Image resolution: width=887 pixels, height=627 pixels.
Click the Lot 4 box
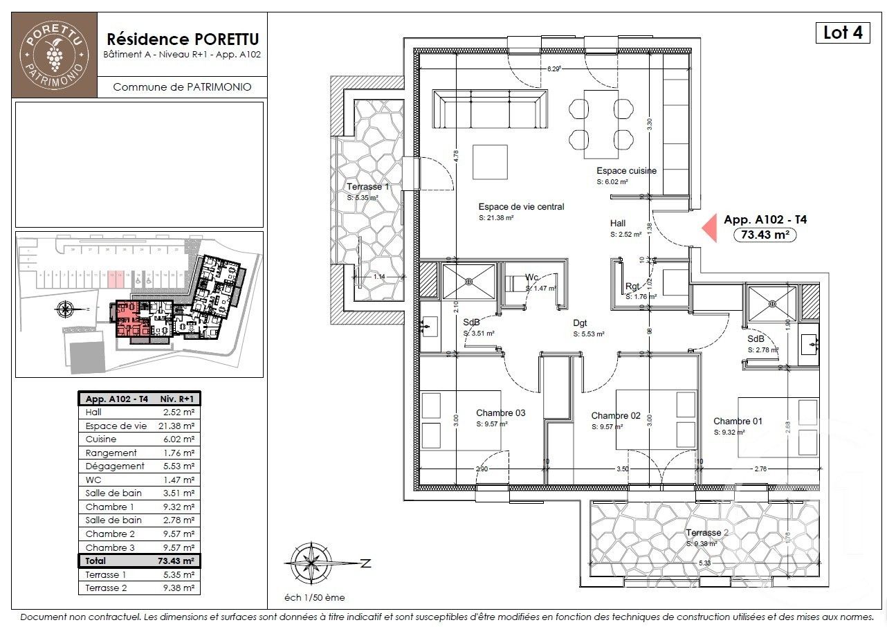coord(843,33)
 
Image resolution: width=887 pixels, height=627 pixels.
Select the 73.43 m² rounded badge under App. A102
coord(765,235)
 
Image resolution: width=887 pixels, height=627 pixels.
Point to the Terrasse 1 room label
coord(368,187)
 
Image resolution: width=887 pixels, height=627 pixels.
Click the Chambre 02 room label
coord(616,416)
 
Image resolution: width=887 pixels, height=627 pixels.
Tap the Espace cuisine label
coord(626,170)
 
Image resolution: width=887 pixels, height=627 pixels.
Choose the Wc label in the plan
coord(531,278)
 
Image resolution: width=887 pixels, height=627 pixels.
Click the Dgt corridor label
coord(580,322)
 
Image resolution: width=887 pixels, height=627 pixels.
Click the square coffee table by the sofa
coord(490,161)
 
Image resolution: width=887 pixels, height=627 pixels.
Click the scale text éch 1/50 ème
coord(315,597)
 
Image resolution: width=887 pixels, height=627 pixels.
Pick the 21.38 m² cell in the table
coord(178,426)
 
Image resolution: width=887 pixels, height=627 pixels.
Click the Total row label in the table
coord(96,561)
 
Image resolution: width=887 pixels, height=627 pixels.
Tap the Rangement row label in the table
coord(111,453)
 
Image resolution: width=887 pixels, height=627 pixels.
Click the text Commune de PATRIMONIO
coord(181,87)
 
